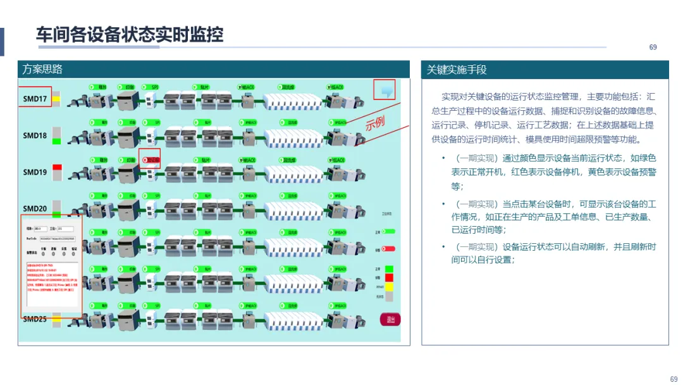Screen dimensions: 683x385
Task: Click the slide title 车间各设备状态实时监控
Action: [130, 34]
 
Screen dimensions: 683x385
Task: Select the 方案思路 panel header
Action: [43, 69]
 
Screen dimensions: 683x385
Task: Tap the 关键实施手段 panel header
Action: [457, 70]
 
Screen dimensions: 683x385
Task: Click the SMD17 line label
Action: [35, 99]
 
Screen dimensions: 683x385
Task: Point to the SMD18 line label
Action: [35, 136]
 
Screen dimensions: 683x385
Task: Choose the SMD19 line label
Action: [35, 172]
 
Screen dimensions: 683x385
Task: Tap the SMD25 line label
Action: [35, 319]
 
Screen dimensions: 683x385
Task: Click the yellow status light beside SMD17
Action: [56, 99]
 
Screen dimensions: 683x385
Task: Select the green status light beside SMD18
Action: [57, 141]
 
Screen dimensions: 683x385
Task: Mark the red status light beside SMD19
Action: [57, 167]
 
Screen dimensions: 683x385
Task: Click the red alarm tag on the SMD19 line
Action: [151, 160]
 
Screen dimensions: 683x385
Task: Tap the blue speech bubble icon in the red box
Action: [385, 91]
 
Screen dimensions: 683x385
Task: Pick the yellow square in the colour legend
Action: [389, 287]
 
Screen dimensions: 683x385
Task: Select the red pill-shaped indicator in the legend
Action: [388, 249]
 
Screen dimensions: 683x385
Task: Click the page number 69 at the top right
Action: [653, 47]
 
